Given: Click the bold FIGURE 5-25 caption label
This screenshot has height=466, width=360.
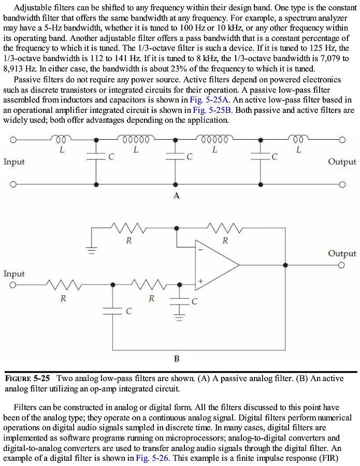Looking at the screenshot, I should point(27,378).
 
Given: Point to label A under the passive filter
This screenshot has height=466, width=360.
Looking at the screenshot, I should point(177,196).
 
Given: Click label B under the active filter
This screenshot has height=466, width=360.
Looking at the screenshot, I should point(177,358).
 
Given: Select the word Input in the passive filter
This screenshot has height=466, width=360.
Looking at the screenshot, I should point(14,162).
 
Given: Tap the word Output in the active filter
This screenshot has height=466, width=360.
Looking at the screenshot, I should point(342,253).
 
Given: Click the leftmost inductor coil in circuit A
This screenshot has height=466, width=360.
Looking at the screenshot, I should point(62,139).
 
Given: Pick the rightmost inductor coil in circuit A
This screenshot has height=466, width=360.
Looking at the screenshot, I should point(298,139).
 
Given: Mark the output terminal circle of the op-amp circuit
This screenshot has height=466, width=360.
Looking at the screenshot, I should point(341,265).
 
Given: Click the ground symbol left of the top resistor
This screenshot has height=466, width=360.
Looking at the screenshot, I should point(91,251).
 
